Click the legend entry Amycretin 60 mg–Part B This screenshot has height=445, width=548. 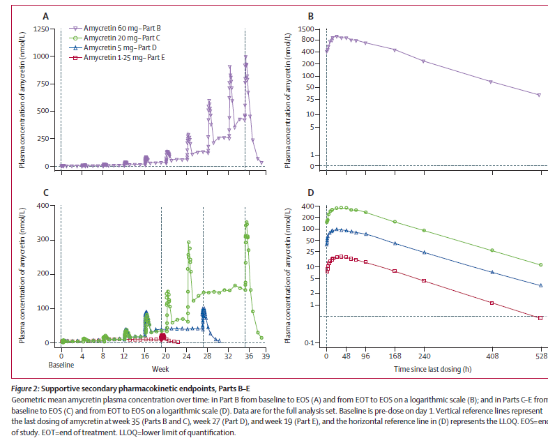[121, 28]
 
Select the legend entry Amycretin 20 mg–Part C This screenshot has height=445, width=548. [121, 38]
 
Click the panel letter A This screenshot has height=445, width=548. [45, 15]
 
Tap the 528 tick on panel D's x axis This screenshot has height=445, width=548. [540, 355]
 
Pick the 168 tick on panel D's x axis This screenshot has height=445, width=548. [395, 355]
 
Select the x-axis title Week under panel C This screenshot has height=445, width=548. [160, 368]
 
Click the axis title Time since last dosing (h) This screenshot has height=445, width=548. [432, 368]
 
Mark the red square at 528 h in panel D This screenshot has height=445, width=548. [540, 318]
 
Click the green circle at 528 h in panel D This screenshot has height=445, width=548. [540, 265]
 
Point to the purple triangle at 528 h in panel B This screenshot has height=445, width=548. [539, 95]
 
